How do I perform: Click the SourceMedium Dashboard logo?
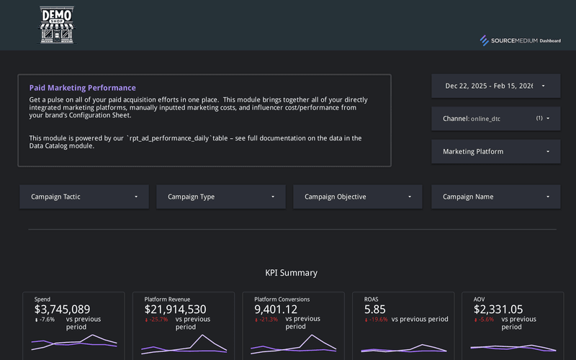coord(520,40)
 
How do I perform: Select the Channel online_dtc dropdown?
coord(495,118)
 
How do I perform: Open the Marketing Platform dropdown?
coord(495,152)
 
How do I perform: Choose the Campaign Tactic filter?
coord(84,197)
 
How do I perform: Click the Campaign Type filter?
coord(221,197)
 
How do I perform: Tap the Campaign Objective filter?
coord(358,197)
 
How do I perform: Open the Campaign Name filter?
coord(495,197)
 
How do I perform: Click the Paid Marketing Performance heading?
coord(82,88)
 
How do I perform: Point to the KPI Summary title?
coord(291,273)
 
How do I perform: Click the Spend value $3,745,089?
coord(62,309)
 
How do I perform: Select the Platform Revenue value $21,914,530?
coord(175,309)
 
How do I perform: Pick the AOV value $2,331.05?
coord(498,309)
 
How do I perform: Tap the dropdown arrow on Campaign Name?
coord(548,197)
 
